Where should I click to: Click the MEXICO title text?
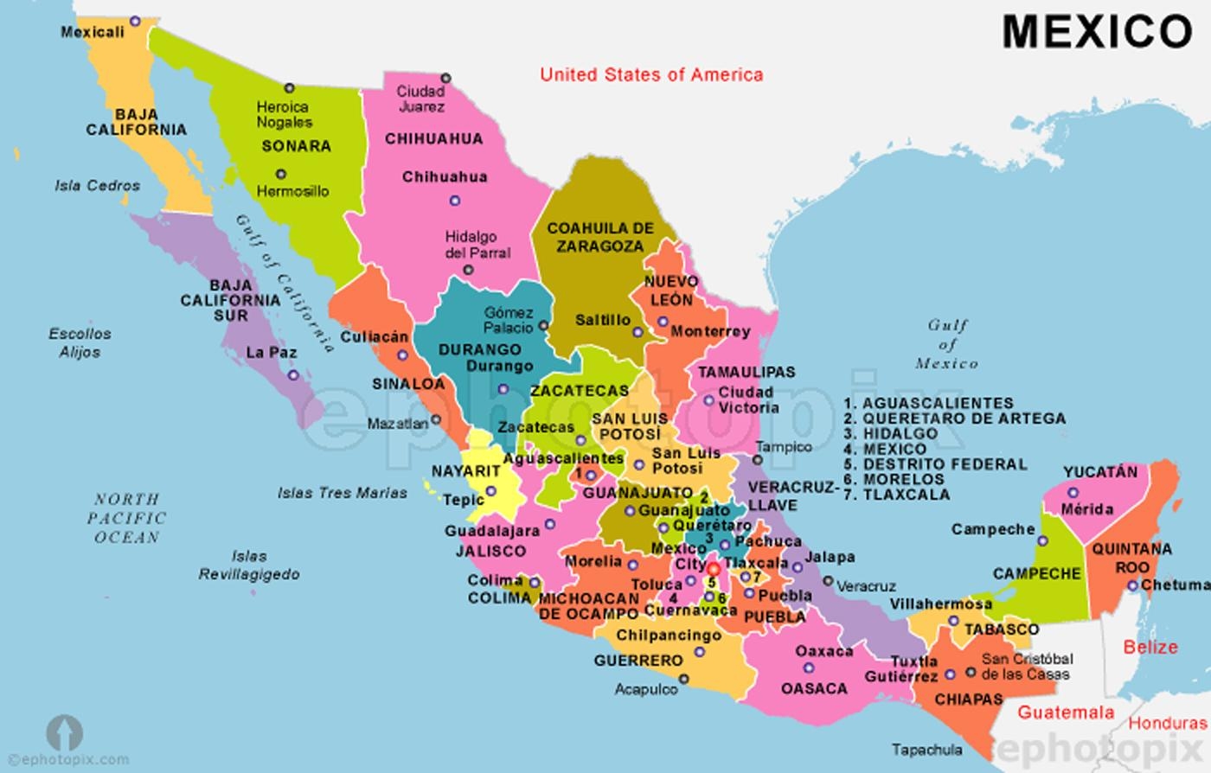pos(1097,32)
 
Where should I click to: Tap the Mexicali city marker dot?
pos(135,21)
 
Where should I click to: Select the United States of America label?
pos(651,75)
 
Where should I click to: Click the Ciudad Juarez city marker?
pos(445,79)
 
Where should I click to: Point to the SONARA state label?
pos(297,146)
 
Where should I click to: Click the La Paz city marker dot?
pos(293,375)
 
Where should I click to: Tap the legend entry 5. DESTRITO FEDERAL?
pos(935,464)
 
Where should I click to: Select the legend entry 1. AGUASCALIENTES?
pos(928,403)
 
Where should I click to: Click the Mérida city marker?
pos(1073,493)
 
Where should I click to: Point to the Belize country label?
pos(1150,647)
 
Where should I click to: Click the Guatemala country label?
pos(1065,712)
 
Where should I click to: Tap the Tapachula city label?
pos(926,750)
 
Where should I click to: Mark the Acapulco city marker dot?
pos(684,680)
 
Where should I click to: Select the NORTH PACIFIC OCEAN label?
pos(126,518)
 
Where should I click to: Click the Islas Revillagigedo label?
pos(249,565)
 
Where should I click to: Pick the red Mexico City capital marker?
pos(713,569)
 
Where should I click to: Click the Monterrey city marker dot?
pos(663,322)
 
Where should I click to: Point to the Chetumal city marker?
pos(1132,585)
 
